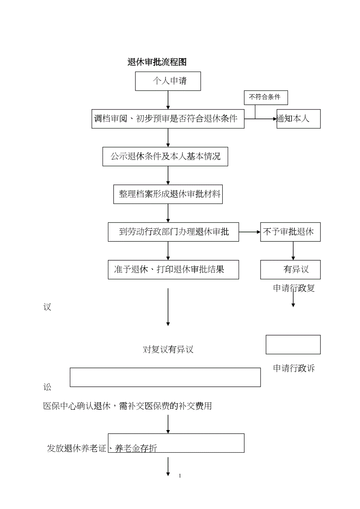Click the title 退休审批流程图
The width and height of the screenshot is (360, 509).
pos(157,62)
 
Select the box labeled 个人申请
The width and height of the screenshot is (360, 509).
pos(168,81)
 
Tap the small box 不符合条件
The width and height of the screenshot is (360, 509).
pos(266,97)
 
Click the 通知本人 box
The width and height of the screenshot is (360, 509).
pos(298,119)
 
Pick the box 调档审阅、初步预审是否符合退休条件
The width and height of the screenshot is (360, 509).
pos(168,119)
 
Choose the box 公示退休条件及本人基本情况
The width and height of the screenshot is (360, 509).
pos(165,156)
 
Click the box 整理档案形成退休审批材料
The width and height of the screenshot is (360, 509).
pos(168,194)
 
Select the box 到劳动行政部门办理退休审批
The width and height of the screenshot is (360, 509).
pos(173,232)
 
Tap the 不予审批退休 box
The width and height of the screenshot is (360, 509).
pos(290,232)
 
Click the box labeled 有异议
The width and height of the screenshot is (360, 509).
pos(290,269)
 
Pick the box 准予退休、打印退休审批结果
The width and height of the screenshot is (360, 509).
pos(173,269)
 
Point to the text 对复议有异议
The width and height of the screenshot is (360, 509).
pos(168,349)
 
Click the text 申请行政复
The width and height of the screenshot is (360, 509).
pos(294,289)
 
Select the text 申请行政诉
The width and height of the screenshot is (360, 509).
pos(294,368)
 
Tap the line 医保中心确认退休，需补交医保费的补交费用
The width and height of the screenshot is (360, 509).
pos(127,406)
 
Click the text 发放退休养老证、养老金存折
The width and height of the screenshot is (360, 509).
pos(102,448)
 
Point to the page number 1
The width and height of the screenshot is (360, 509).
pos(180,476)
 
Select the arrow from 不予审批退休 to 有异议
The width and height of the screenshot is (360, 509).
pos(293,251)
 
